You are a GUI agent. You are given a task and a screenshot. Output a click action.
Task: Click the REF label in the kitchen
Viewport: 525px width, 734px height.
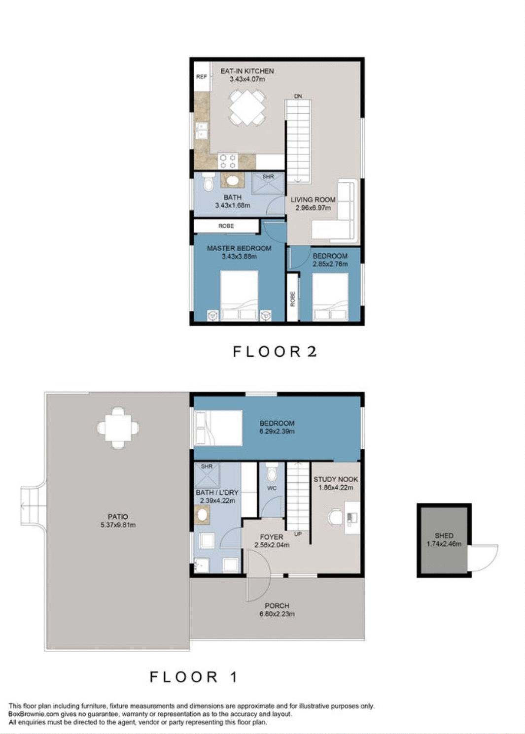(x=201, y=77)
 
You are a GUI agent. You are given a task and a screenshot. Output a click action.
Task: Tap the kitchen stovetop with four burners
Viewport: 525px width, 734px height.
(x=228, y=161)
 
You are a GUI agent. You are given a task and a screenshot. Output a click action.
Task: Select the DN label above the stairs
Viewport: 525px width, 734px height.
(x=298, y=96)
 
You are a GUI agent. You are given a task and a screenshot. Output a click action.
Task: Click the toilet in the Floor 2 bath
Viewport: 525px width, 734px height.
(x=208, y=183)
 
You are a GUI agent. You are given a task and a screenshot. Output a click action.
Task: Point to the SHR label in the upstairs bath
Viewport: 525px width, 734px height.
(x=268, y=177)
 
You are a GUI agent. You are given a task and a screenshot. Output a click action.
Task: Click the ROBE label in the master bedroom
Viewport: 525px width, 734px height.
(x=226, y=226)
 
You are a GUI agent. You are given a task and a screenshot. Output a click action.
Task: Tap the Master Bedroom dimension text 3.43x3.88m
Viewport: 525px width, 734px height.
(x=239, y=256)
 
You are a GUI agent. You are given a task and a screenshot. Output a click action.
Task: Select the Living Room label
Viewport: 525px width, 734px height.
(x=313, y=200)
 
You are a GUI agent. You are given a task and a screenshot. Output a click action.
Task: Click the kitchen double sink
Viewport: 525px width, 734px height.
(x=201, y=130)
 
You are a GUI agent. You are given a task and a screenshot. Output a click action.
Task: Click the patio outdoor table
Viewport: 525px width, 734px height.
(x=118, y=428)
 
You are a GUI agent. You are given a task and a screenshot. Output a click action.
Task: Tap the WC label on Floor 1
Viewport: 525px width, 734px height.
(x=272, y=488)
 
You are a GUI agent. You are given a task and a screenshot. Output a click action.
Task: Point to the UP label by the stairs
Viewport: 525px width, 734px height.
(x=298, y=534)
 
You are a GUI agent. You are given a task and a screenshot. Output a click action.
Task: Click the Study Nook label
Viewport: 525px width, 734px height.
(x=336, y=479)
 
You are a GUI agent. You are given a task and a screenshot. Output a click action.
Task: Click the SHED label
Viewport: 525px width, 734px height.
(x=444, y=536)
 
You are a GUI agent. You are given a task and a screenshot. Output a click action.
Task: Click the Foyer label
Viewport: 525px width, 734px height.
(x=271, y=537)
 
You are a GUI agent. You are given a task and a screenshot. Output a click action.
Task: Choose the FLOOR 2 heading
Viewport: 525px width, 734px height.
(x=275, y=352)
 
